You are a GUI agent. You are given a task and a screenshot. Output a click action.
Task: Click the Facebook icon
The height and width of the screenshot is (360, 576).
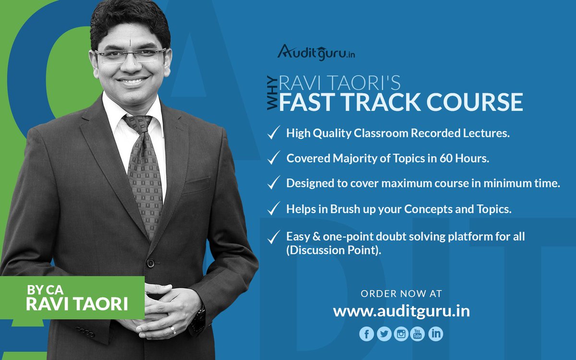[366, 334]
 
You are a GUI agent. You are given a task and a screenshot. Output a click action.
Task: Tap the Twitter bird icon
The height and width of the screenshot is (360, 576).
[384, 334]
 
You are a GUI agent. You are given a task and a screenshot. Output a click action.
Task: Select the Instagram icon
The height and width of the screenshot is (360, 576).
[401, 334]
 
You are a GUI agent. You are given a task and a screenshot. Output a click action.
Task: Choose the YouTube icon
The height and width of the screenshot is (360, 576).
[418, 334]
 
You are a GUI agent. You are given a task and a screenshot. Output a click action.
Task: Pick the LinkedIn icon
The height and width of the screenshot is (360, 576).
[435, 334]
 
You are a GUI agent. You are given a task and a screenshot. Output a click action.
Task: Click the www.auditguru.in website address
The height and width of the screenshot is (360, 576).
[401, 311]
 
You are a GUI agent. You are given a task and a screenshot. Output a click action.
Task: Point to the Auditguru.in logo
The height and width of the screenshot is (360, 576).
[316, 52]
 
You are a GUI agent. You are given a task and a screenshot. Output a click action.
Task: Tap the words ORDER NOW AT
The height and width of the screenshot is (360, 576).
[401, 293]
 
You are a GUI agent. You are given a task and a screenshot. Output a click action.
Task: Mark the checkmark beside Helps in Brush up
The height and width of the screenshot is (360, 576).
[274, 209]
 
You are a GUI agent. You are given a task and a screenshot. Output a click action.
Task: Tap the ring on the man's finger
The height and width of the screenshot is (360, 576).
[173, 330]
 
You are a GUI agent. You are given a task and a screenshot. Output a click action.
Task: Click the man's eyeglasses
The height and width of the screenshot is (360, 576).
[131, 56]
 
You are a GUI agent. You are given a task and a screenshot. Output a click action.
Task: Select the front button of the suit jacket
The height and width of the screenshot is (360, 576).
[151, 263]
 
